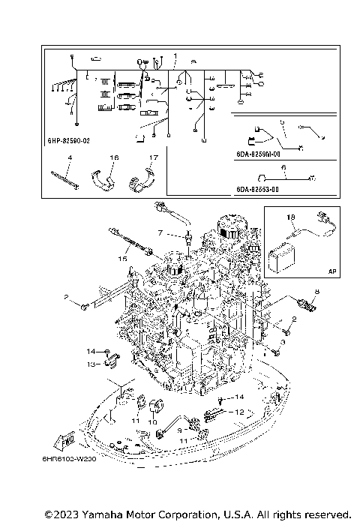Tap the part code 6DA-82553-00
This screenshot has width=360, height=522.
point(258,190)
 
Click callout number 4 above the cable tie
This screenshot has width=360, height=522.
point(69,158)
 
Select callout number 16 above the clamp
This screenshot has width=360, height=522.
point(115,158)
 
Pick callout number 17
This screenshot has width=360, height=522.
point(152,158)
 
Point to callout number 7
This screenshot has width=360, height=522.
point(159,233)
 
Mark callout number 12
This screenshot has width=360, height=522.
point(240,412)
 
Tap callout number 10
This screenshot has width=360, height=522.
point(152,422)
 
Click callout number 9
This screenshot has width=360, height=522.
point(179,430)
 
